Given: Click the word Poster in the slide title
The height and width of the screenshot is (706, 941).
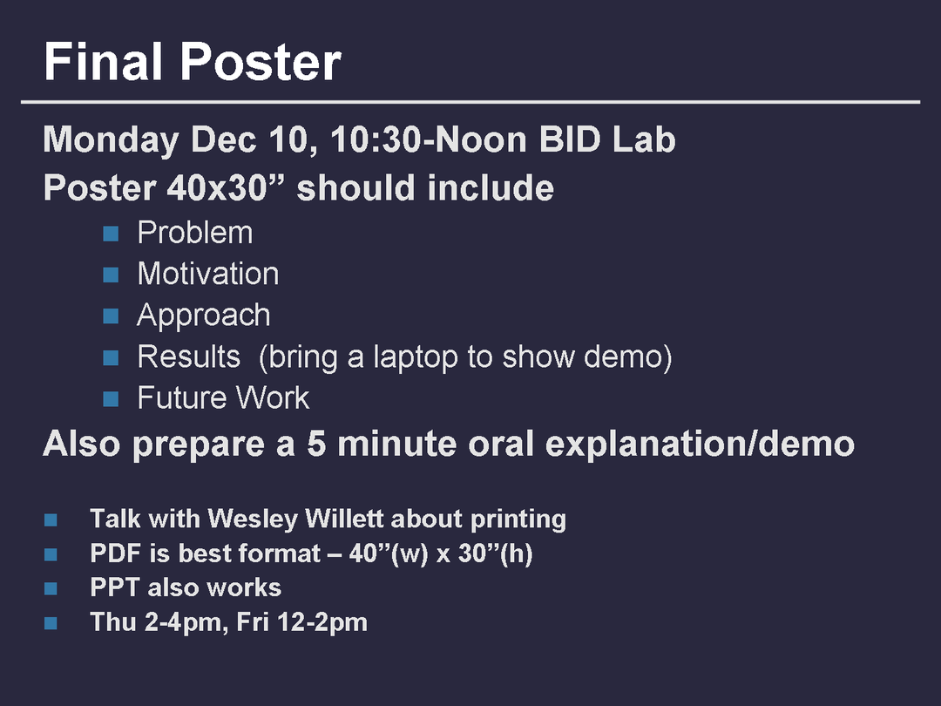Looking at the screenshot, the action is [x=261, y=61].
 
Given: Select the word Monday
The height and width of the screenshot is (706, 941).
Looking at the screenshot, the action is [x=111, y=140].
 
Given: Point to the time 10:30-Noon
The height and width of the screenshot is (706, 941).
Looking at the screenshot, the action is [x=429, y=139].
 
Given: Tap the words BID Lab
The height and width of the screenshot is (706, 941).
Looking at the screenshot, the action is [x=607, y=139].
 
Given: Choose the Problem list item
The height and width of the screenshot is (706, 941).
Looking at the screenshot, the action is [x=195, y=233].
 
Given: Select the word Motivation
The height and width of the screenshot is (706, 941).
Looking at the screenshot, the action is [x=208, y=274].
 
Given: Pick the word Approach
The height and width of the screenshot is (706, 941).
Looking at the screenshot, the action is [x=203, y=316].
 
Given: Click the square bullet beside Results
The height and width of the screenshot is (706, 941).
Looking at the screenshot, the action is [x=111, y=358].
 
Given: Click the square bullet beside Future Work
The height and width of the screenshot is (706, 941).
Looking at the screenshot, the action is [x=111, y=398].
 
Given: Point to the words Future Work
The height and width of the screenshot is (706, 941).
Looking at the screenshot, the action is [x=223, y=398].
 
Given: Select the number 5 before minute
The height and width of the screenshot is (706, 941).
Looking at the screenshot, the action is [x=316, y=444].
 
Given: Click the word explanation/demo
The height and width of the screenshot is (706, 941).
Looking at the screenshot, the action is [x=700, y=445].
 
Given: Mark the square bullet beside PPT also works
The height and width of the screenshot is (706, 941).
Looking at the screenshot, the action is [x=51, y=588].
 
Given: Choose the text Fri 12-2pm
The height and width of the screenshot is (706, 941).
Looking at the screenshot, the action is [x=301, y=622].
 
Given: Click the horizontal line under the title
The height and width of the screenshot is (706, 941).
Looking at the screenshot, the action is [x=470, y=102].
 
